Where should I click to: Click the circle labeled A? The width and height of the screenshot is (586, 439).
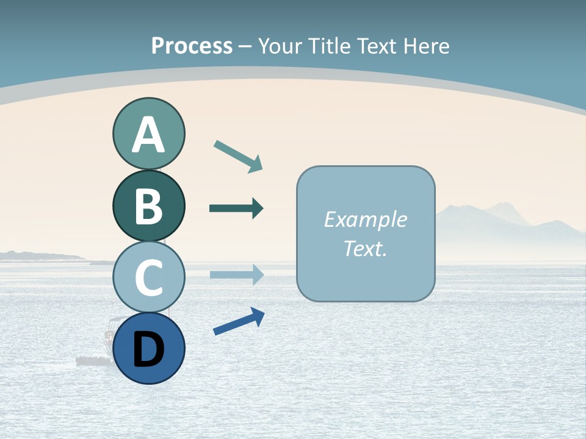point(148,134)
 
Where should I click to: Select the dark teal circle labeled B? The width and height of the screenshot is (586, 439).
point(148,206)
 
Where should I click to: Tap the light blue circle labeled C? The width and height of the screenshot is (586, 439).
point(148,277)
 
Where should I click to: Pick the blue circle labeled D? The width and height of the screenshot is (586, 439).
point(148,348)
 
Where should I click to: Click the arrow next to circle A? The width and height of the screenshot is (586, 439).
point(239,156)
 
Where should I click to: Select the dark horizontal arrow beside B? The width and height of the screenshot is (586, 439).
point(236,209)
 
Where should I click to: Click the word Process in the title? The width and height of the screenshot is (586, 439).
point(192,46)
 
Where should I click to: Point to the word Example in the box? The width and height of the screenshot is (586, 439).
point(365,220)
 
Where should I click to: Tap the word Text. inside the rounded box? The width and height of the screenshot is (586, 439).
point(365,249)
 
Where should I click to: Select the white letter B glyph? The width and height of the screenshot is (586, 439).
point(148,206)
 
